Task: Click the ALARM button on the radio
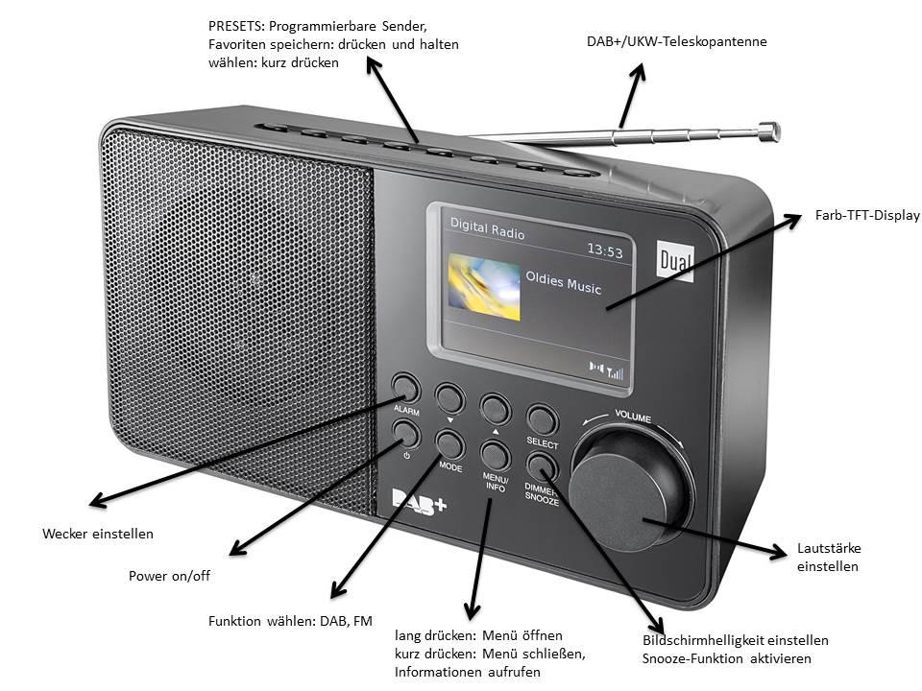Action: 405,388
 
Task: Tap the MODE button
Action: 449,443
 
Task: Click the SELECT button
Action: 542,418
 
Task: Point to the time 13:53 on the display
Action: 605,252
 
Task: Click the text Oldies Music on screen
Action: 563,287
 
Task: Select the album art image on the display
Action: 484,286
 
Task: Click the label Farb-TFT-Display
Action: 866,216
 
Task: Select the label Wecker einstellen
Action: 98,534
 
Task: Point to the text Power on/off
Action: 169,577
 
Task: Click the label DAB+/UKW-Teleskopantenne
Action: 676,42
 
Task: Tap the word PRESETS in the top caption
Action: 235,26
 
